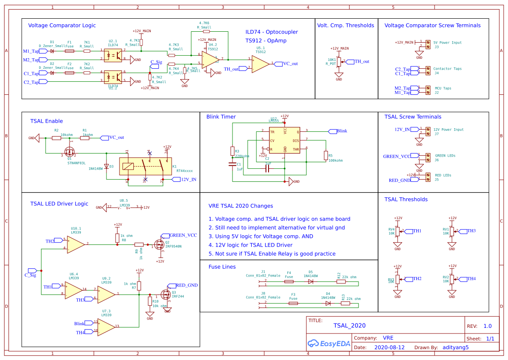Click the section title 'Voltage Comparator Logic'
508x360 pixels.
[62, 26]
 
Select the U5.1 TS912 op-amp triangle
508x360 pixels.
[260, 63]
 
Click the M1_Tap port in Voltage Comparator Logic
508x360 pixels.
[31, 51]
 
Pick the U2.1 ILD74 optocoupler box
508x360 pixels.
[113, 55]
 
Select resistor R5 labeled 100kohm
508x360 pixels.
[325, 155]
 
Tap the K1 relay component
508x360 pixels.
[145, 166]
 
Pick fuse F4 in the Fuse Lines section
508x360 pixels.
[289, 281]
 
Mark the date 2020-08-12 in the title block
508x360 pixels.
[389, 347]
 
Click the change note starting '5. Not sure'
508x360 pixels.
[272, 253]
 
